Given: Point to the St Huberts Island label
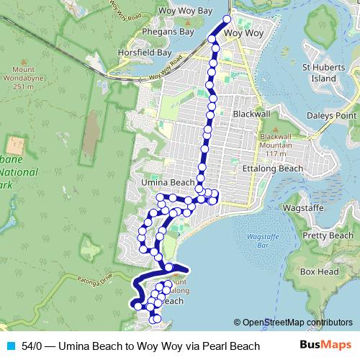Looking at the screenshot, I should pyautogui.click(x=319, y=73).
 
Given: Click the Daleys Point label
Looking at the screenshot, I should pyautogui.click(x=333, y=115).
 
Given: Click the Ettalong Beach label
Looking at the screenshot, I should pyautogui.click(x=275, y=168).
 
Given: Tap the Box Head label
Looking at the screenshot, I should pyautogui.click(x=319, y=272).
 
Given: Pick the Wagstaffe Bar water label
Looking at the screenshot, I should pyautogui.click(x=257, y=240).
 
